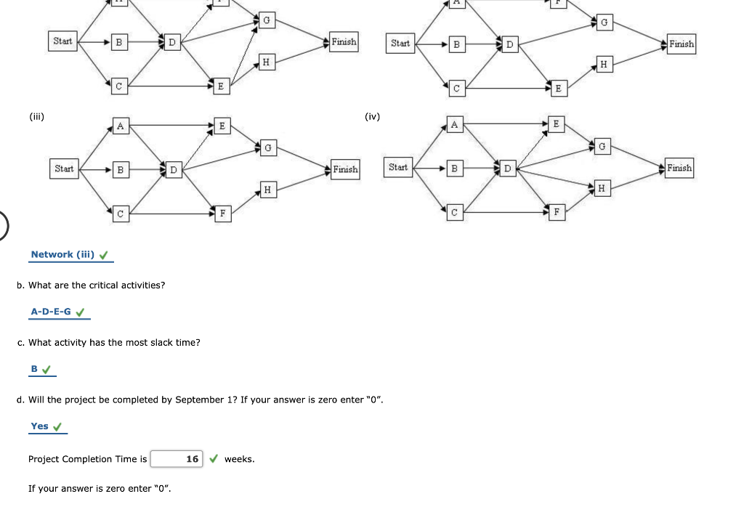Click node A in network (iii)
tap(120, 126)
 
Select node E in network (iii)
tap(222, 126)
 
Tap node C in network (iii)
tap(120, 214)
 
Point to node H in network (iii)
tap(267, 190)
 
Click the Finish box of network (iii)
tap(345, 169)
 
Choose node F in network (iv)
tap(557, 212)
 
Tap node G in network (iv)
tap(602, 147)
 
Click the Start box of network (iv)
tap(398, 168)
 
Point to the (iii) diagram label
tap(37, 115)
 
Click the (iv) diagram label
tap(372, 115)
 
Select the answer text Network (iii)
tap(62, 254)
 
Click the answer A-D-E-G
tap(51, 312)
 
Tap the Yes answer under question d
tap(40, 426)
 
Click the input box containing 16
tap(178, 459)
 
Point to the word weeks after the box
tap(239, 459)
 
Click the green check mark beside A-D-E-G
tap(81, 312)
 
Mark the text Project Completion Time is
tap(87, 459)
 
